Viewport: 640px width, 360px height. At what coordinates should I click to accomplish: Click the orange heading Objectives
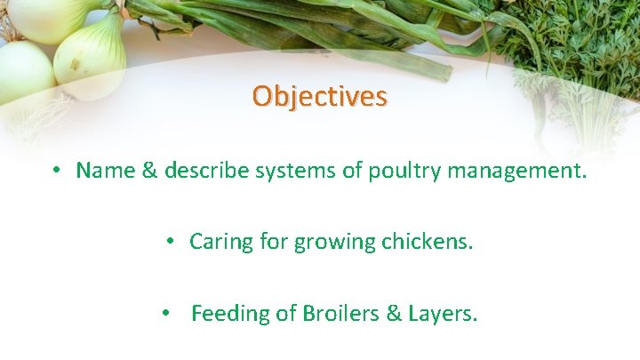point(319,95)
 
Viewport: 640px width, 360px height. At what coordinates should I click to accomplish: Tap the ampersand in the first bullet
point(148,170)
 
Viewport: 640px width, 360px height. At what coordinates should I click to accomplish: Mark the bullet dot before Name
point(56,171)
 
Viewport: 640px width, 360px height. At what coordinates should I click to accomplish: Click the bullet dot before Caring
point(170,242)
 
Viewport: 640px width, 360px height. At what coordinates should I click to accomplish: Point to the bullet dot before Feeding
point(166,314)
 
